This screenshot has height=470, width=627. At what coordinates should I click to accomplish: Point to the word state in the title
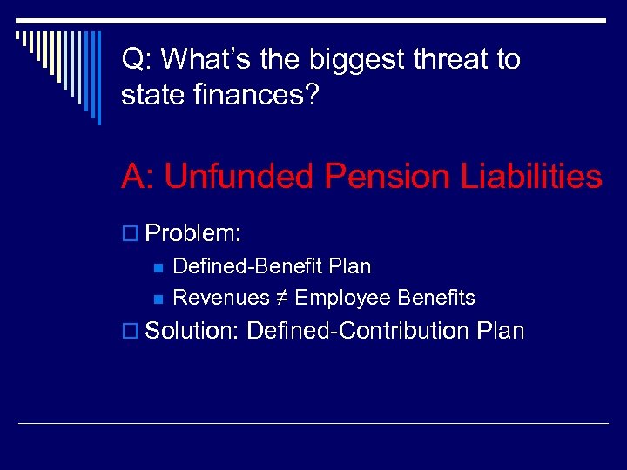click(x=152, y=95)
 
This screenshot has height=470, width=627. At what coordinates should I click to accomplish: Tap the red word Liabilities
click(x=529, y=177)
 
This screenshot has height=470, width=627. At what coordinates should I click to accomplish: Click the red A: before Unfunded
click(x=138, y=177)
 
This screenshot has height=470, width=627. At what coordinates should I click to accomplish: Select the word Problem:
click(x=193, y=234)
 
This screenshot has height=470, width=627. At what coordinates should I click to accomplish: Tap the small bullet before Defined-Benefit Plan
click(x=158, y=267)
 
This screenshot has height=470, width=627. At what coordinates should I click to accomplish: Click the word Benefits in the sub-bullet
click(x=436, y=298)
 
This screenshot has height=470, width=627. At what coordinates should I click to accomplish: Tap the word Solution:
click(x=193, y=331)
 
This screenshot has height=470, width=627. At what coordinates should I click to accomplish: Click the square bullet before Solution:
click(x=130, y=332)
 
